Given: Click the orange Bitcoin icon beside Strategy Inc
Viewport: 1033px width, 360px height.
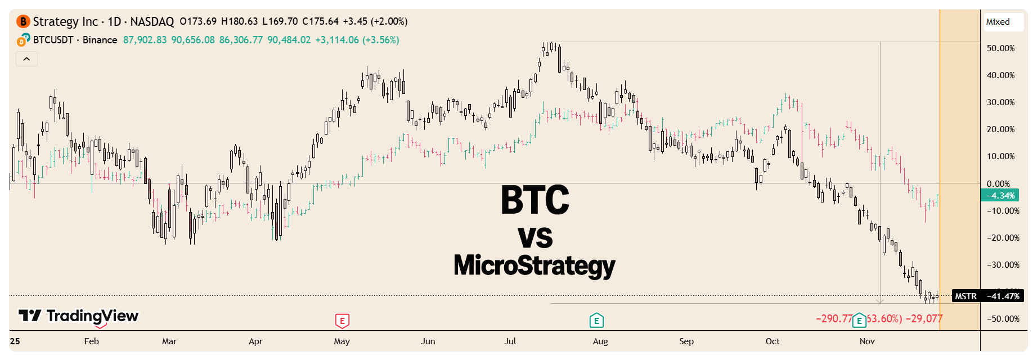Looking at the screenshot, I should pyautogui.click(x=23, y=21).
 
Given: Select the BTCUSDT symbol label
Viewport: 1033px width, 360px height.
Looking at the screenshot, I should pyautogui.click(x=53, y=40).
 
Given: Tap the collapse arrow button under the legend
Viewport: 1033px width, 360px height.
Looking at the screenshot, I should pyautogui.click(x=26, y=59).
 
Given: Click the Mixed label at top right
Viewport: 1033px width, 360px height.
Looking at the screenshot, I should pyautogui.click(x=998, y=22).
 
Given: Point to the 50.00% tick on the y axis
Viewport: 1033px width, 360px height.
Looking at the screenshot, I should pyautogui.click(x=1000, y=48).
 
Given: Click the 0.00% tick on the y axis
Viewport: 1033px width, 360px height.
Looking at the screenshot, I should pyautogui.click(x=998, y=184).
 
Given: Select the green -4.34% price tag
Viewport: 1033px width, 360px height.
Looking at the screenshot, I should pyautogui.click(x=1000, y=196).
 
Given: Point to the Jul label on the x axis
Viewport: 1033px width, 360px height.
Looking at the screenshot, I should pyautogui.click(x=510, y=341).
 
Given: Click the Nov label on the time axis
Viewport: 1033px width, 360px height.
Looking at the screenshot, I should pyautogui.click(x=867, y=341).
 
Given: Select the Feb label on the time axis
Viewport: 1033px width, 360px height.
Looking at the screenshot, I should pyautogui.click(x=91, y=341).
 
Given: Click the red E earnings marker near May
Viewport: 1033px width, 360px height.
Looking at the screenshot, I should pyautogui.click(x=342, y=321).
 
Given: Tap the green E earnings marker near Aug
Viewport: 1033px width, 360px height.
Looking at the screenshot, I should pyautogui.click(x=596, y=321).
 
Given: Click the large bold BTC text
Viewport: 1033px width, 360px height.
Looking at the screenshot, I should pyautogui.click(x=535, y=200).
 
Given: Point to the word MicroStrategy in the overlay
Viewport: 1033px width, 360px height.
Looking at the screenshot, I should pyautogui.click(x=535, y=265).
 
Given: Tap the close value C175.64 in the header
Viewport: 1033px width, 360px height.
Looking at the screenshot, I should pyautogui.click(x=320, y=21).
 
